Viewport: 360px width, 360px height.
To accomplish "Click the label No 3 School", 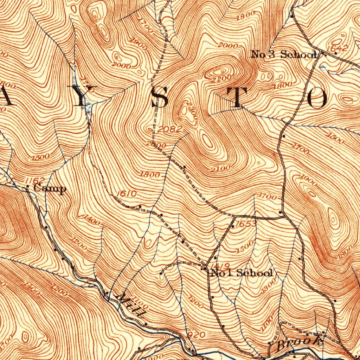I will point(283,54).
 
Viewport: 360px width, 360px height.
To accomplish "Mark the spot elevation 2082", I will point(170,130).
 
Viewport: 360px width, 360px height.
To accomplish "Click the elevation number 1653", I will point(246,224).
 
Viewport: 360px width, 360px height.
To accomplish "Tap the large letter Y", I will point(82,96).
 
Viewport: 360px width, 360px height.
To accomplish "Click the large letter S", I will point(162,97).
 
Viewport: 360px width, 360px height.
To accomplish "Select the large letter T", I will point(239,97).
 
